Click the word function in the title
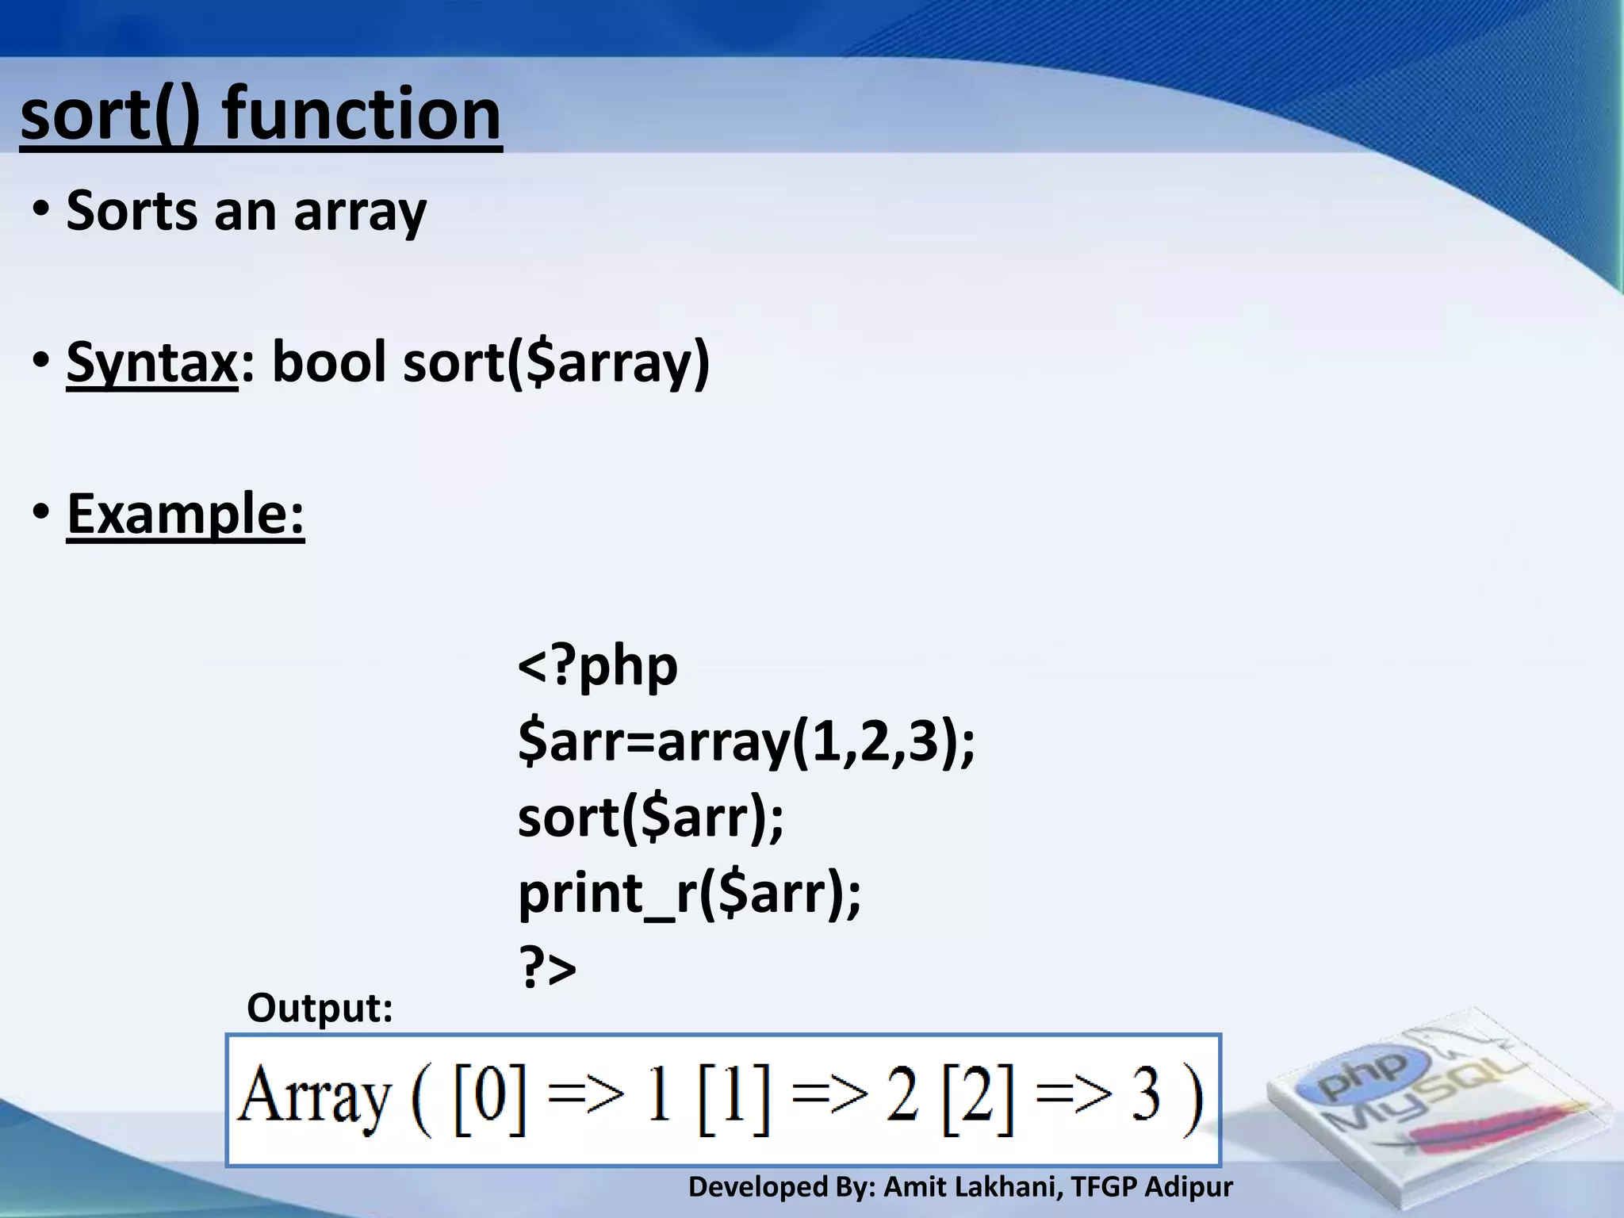362,114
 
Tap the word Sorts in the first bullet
132,211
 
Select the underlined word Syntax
151,362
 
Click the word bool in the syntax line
329,362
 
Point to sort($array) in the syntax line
556,362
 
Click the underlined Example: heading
186,514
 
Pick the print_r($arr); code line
689,894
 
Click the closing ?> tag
547,967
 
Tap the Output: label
320,1009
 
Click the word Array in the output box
314,1097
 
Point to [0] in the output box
489,1097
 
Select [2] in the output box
977,1097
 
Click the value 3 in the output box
1145,1097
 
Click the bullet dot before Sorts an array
41,211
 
